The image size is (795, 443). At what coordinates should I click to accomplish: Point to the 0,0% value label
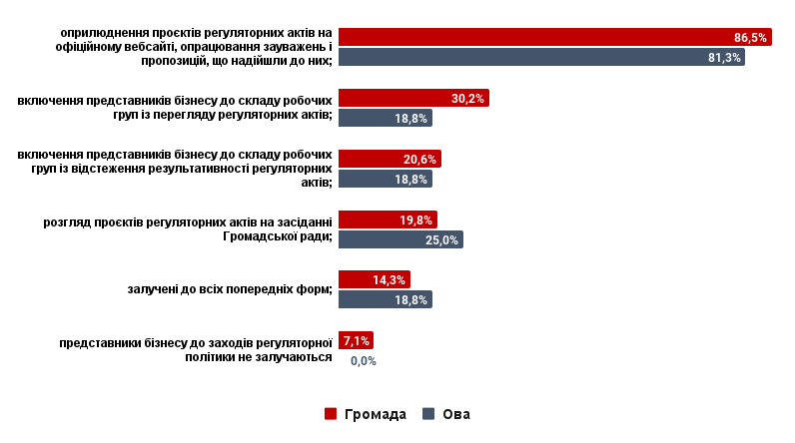(x=364, y=361)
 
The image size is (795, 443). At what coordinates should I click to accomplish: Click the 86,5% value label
(x=750, y=38)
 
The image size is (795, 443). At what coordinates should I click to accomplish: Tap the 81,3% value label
(x=724, y=58)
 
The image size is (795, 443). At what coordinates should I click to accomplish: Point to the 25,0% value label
(x=441, y=240)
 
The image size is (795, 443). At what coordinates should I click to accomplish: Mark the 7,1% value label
(x=357, y=341)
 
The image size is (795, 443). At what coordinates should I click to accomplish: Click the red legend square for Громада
(x=331, y=413)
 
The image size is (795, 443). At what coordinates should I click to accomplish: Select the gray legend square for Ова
(x=428, y=413)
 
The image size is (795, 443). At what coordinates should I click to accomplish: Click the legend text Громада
(x=376, y=414)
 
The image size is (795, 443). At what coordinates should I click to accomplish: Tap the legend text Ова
(x=456, y=414)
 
